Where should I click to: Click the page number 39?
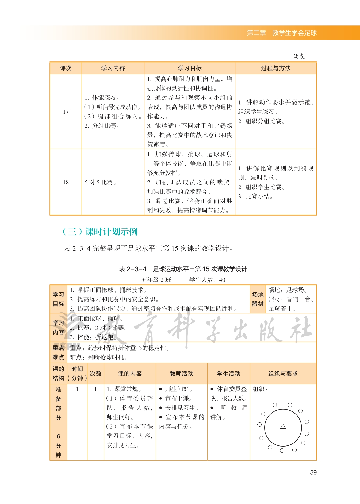coord(313,472)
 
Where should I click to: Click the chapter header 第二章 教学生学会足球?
coord(281,33)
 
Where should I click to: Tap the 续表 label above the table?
coord(298,56)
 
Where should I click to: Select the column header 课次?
coord(66,68)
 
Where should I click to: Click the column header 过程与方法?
coord(275,68)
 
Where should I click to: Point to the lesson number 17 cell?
coord(66,112)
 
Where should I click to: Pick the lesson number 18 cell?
coord(66,182)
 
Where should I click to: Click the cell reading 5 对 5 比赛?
coord(100,182)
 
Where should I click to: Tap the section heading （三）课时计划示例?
coord(100,232)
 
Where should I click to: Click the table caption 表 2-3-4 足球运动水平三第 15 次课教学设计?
coord(183,269)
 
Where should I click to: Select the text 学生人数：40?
coord(207,280)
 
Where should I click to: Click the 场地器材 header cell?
coord(258,299)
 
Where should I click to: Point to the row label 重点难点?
coord(58,352)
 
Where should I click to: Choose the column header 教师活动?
coord(182,374)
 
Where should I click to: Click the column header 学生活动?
coord(228,374)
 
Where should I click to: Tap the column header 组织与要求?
coord(283,374)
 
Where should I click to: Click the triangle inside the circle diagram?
coord(283,426)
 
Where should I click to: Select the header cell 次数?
coord(95,374)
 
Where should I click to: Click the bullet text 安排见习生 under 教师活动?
coord(182,408)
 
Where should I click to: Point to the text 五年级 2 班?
coord(156,280)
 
